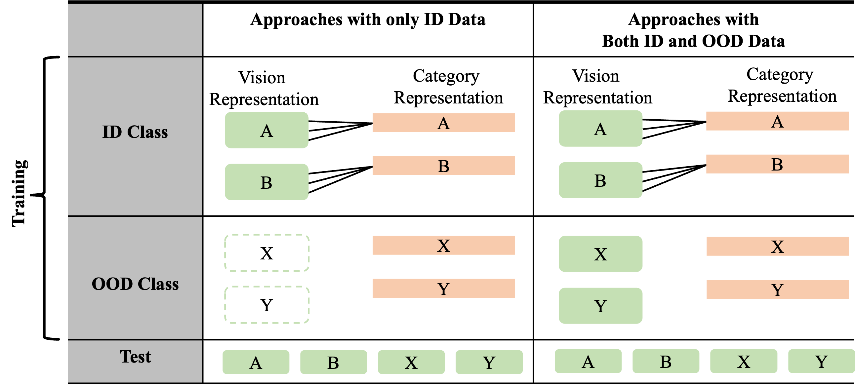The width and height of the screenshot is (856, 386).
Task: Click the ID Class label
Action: click(135, 132)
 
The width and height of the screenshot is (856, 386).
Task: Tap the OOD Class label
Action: click(135, 284)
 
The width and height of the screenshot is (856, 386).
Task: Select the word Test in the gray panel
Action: click(135, 357)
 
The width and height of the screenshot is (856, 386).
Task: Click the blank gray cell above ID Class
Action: click(135, 29)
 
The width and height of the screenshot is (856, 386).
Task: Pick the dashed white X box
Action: click(266, 253)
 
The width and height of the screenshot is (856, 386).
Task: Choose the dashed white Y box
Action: click(266, 305)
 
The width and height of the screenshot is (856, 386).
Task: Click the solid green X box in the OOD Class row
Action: click(600, 254)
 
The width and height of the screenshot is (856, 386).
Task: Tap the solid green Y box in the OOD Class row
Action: click(600, 306)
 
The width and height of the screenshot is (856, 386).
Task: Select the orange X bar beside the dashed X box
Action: click(444, 246)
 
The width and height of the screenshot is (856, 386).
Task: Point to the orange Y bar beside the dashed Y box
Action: click(444, 288)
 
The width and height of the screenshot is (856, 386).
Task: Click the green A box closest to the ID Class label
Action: click(266, 130)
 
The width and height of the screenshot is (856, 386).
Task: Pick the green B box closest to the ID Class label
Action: click(266, 182)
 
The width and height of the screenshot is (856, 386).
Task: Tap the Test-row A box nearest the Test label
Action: click(256, 362)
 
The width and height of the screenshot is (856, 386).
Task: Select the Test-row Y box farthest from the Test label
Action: click(821, 361)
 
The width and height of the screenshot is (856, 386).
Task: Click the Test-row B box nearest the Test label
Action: click(334, 362)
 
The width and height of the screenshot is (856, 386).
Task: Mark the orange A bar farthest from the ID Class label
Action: click(777, 121)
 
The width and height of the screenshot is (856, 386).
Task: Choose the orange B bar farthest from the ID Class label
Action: click(777, 164)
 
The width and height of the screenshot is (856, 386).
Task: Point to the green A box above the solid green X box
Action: click(600, 129)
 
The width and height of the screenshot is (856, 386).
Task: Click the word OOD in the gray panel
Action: click(112, 284)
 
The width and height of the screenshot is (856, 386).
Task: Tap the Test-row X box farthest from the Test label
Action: click(744, 361)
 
